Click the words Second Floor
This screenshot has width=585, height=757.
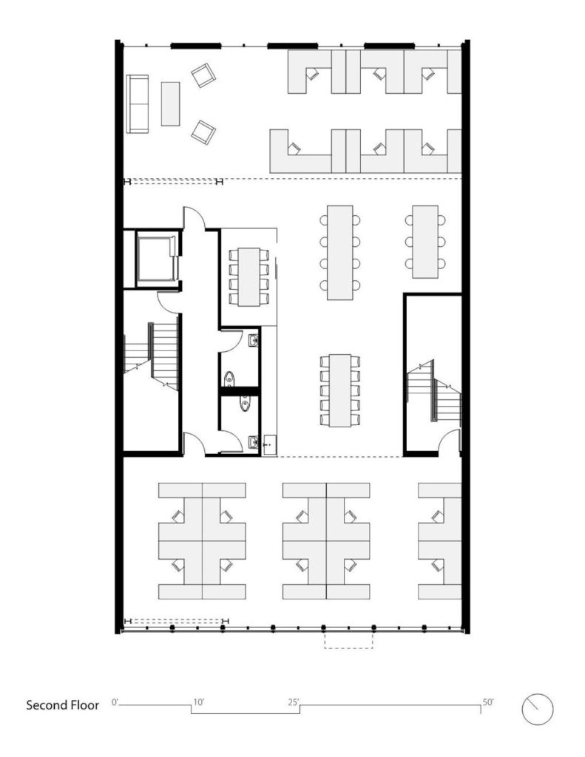pos(62,705)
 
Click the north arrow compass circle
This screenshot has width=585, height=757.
pos(538,709)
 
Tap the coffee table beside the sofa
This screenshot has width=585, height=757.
pos(171,103)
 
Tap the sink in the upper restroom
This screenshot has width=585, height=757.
pos(253,341)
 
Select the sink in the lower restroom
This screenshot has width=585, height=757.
pos(253,443)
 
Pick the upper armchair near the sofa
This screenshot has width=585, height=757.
pos(203,75)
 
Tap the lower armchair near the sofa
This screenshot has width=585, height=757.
pos(203,132)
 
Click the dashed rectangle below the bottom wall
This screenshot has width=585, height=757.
pos(350,641)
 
